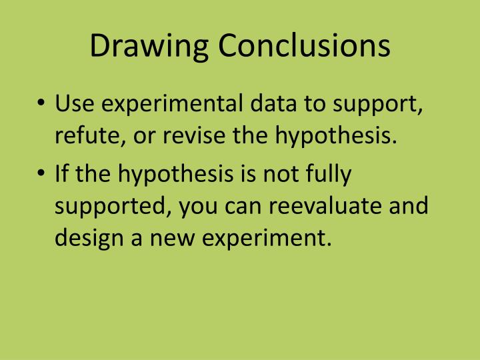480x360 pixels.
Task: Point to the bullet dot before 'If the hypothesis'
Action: click(41, 175)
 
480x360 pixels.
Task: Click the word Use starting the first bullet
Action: click(74, 105)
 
